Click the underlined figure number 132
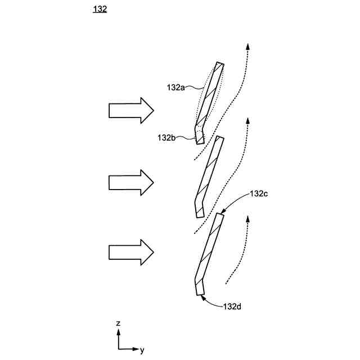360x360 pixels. coord(99,9)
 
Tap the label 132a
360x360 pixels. coord(175,87)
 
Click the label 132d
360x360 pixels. coord(232,307)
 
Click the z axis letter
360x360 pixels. coord(118,323)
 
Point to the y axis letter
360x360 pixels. coord(142,350)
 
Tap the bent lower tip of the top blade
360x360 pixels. coord(199,136)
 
